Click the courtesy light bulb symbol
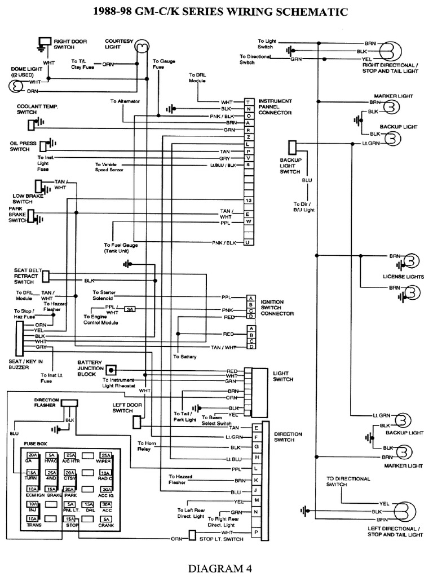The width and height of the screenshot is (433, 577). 142,46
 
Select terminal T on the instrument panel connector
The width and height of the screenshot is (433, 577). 248,101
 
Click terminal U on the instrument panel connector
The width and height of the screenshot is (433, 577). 248,242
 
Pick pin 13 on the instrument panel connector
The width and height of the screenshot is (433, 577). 248,201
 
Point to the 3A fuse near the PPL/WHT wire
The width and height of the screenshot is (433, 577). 130,309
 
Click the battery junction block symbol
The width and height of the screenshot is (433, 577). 112,370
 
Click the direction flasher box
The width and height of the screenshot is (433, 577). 70,403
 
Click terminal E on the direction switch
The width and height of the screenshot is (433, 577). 256,428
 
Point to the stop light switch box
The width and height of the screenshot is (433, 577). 192,535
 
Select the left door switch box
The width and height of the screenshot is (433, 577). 137,422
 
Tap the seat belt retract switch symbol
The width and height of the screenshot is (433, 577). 46,276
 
